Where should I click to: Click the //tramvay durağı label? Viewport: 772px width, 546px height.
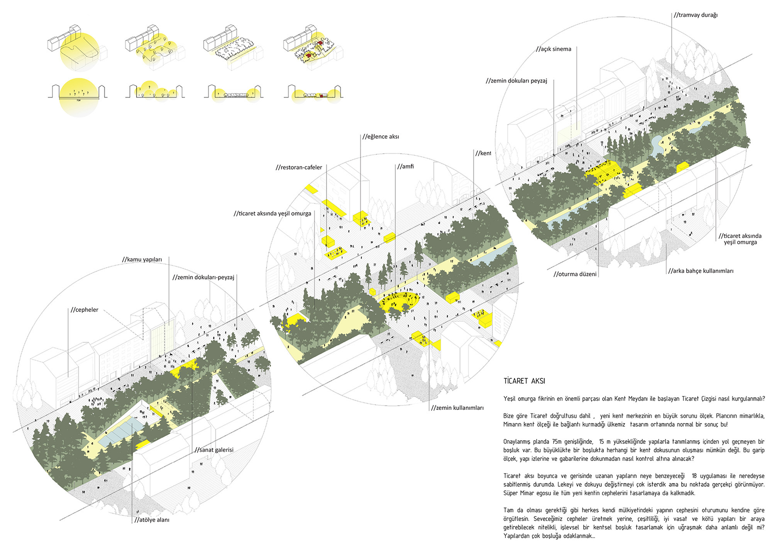click(x=695, y=15)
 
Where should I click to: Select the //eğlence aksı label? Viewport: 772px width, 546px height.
click(x=381, y=137)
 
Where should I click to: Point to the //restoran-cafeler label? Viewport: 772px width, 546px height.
click(x=299, y=167)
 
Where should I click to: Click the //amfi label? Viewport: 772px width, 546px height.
click(x=405, y=167)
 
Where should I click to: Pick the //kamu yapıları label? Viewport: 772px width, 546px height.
click(x=142, y=260)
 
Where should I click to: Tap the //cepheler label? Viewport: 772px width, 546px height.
click(x=85, y=310)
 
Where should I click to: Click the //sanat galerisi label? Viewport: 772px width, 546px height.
click(x=214, y=450)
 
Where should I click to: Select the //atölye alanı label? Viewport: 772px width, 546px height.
click(x=152, y=520)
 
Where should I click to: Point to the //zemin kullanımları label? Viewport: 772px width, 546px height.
click(x=457, y=408)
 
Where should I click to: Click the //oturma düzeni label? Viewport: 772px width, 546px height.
click(x=575, y=274)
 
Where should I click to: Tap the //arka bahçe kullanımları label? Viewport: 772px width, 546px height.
click(x=701, y=271)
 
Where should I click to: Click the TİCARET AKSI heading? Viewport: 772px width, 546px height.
click(x=524, y=381)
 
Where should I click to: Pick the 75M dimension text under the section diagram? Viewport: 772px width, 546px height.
click(x=79, y=100)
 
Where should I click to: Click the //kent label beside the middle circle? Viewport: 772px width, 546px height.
click(x=483, y=153)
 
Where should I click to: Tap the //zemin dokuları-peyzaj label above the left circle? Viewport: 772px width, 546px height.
click(x=203, y=277)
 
